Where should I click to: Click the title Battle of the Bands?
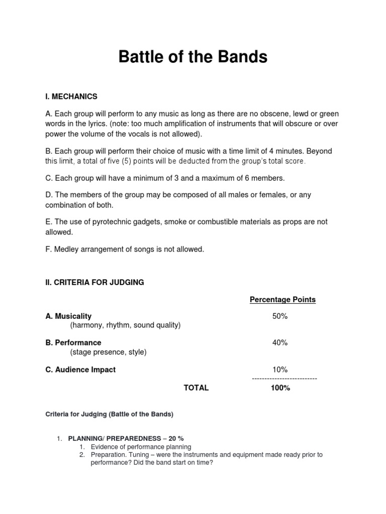coord(193,57)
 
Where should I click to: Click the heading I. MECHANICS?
coord(71,96)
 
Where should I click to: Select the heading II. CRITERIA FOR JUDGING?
coord(94,283)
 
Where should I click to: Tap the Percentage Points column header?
coord(282,300)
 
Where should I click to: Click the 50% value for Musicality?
coord(279,316)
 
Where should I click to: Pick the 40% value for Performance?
coord(279,343)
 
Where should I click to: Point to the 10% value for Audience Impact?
coord(279,369)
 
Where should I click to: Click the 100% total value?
coord(280,388)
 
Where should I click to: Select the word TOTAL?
coord(196,388)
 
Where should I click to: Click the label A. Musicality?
coord(68,316)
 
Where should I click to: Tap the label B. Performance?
coord(73,343)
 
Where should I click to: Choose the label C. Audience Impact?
coord(80,369)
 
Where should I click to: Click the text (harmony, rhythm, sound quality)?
coord(125,325)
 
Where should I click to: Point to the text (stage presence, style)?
coord(109,352)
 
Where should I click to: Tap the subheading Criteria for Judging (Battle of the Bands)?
coord(110,414)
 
